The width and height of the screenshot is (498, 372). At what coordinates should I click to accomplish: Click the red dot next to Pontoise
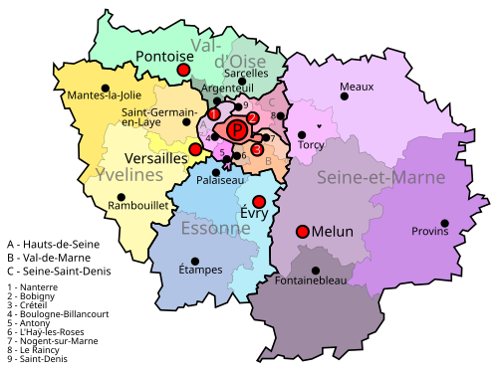(x=184, y=71)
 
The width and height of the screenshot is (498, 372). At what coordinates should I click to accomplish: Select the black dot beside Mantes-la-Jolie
(x=106, y=88)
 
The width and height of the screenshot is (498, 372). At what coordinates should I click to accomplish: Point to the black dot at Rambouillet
(x=122, y=197)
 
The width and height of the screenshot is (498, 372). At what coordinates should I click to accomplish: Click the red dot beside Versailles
(x=195, y=149)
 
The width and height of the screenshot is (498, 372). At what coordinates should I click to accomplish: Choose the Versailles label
(x=156, y=158)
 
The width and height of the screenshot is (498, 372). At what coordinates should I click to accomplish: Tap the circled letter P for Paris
(x=236, y=129)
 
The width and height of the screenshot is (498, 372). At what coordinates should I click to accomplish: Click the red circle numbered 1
(x=213, y=114)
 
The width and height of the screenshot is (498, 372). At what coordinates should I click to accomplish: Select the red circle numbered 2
(x=253, y=117)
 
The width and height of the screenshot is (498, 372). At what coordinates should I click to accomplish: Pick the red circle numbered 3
(x=257, y=150)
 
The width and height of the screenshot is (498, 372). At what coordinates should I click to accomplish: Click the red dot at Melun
(x=302, y=232)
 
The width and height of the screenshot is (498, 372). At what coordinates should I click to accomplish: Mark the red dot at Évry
(x=259, y=202)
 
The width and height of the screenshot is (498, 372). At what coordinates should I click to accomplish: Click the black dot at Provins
(x=444, y=223)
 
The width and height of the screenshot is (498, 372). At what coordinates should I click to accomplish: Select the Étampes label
(x=200, y=270)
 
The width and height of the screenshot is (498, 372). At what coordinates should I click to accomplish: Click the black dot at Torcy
(x=302, y=134)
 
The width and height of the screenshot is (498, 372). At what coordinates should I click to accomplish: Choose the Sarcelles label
(x=246, y=73)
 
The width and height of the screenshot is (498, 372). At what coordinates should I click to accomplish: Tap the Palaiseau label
(x=219, y=181)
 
